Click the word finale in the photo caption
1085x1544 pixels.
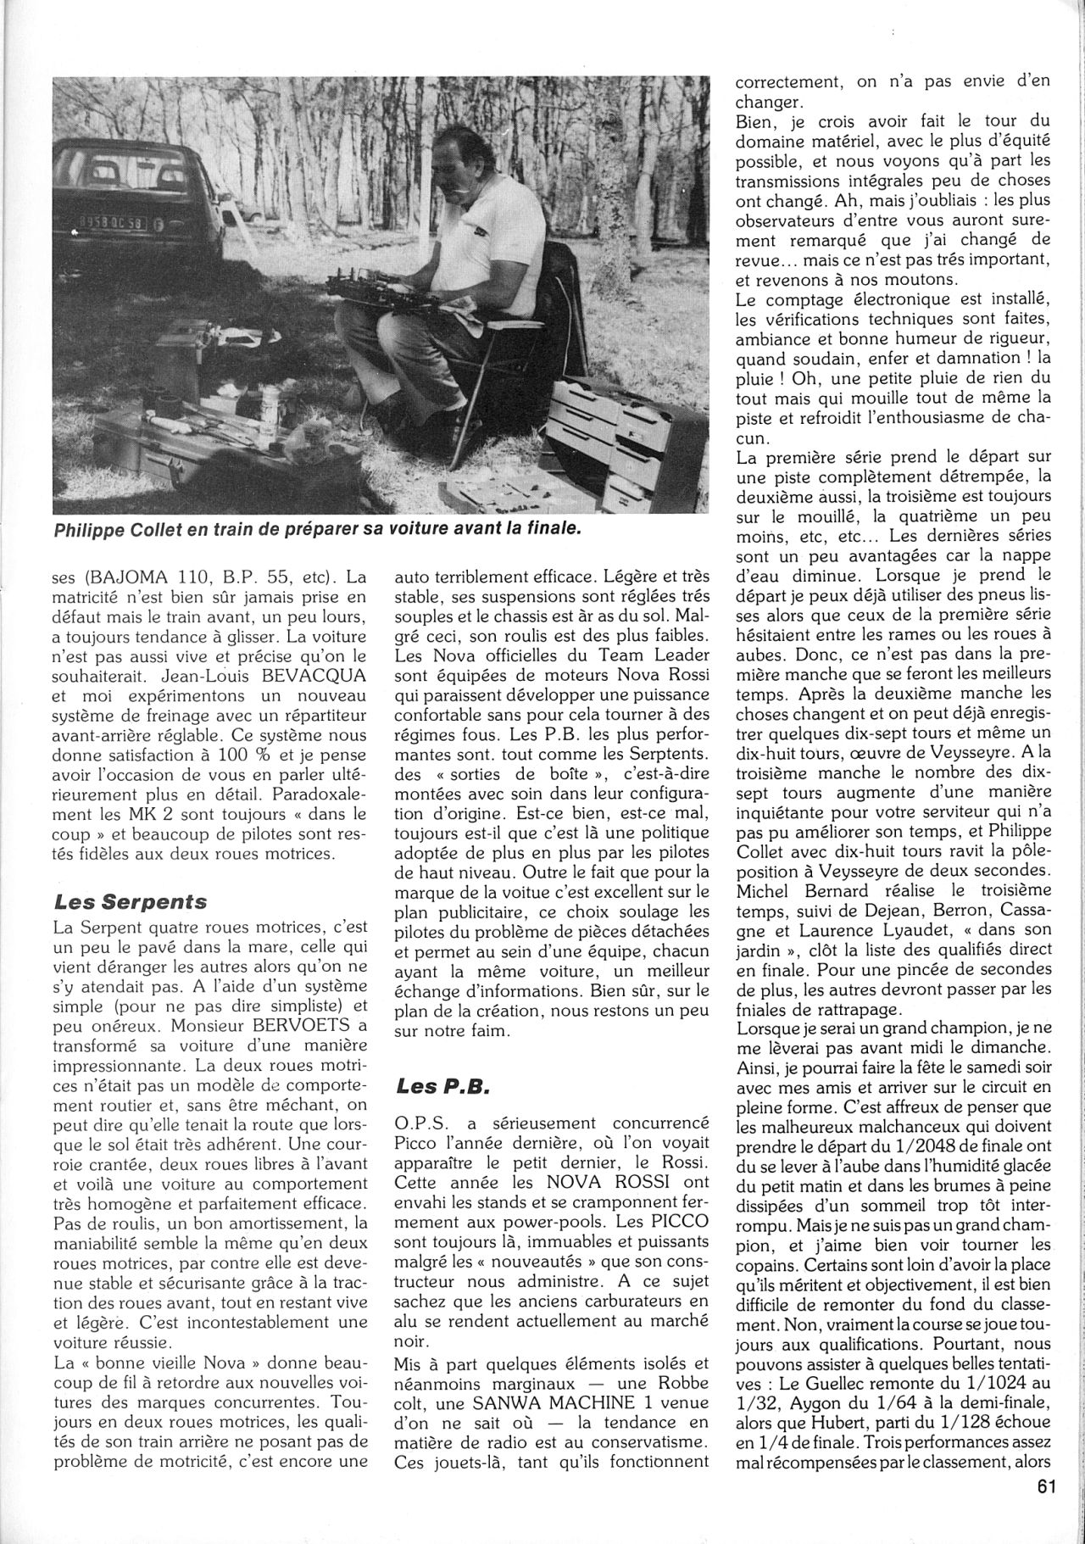(x=552, y=529)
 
